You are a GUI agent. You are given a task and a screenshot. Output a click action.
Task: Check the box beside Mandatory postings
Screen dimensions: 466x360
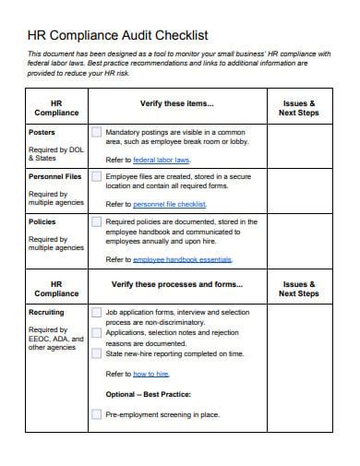click(x=96, y=133)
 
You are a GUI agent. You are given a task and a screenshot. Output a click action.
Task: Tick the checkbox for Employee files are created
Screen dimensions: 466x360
click(x=96, y=177)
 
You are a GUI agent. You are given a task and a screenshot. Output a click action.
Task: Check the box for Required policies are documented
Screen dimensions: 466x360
click(x=96, y=221)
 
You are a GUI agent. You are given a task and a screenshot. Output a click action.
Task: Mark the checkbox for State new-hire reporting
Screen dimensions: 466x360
click(x=96, y=353)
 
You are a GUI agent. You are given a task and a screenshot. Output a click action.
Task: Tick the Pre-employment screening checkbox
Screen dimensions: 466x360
click(x=96, y=415)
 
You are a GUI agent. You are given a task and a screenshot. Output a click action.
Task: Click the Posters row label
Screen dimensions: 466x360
click(x=42, y=133)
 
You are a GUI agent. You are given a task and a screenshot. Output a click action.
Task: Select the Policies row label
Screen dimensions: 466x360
click(x=43, y=221)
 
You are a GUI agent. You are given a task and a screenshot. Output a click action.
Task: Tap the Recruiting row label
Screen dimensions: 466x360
click(x=47, y=314)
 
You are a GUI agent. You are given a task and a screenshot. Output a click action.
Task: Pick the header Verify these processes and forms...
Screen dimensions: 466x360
click(x=177, y=284)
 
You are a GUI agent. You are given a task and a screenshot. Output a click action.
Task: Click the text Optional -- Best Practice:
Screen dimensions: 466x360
click(x=148, y=395)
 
